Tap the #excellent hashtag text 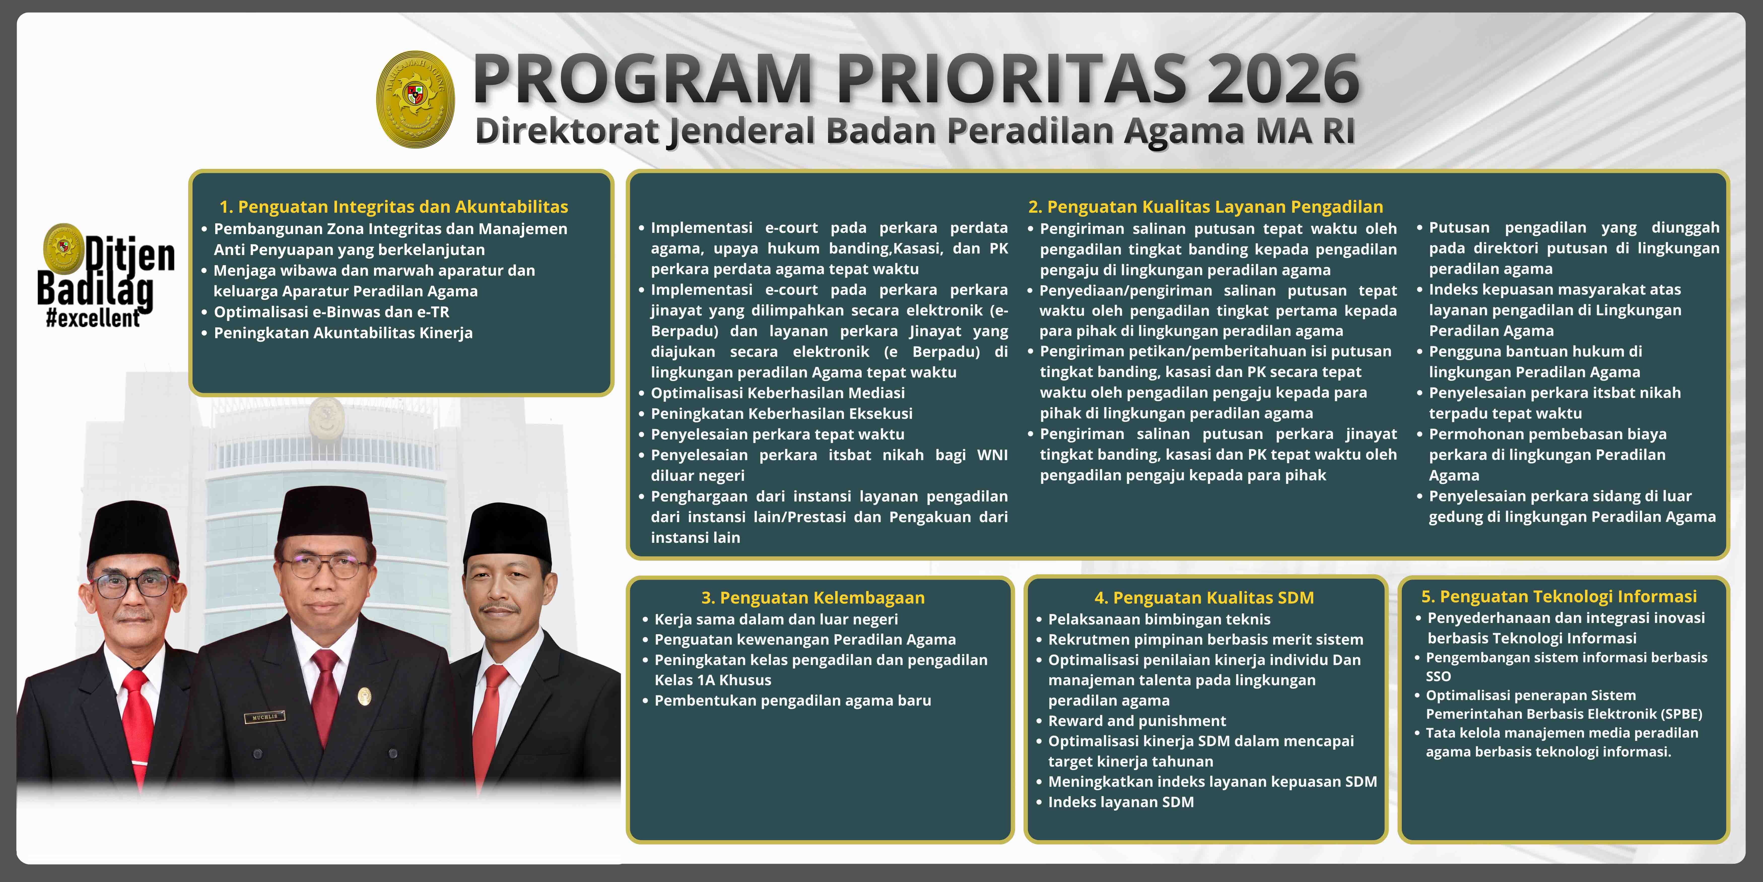click(x=93, y=319)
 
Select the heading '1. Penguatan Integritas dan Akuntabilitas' click(x=393, y=207)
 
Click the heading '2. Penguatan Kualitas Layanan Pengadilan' click(x=1205, y=207)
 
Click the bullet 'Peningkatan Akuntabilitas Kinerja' click(x=343, y=333)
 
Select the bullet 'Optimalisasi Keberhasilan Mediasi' click(x=777, y=393)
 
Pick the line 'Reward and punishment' click(x=1137, y=721)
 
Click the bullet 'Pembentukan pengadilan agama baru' click(x=793, y=701)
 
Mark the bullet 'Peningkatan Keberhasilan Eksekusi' click(x=781, y=414)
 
